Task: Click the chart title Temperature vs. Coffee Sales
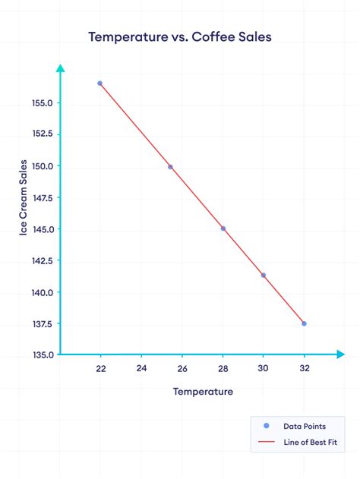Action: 179,36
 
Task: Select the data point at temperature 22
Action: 100,84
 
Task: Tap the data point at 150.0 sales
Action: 170,167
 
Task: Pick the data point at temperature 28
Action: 223,228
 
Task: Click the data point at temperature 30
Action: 264,275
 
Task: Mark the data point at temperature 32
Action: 304,323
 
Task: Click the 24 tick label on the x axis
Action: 141,369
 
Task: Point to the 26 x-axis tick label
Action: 182,369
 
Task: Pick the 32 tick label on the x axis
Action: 304,369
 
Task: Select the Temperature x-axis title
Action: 203,392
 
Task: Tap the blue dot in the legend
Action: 266,426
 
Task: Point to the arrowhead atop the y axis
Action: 61,68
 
